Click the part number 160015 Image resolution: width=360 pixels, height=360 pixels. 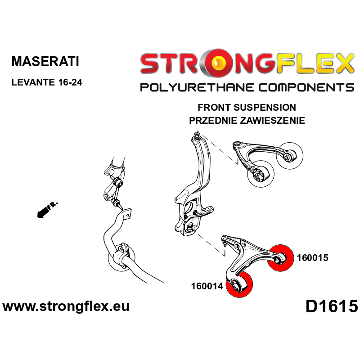313,258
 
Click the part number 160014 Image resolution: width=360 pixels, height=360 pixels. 207,285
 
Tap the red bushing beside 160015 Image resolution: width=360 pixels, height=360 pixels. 280,257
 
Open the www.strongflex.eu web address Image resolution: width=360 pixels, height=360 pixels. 66,307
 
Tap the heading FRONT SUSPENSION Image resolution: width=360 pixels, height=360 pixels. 247,108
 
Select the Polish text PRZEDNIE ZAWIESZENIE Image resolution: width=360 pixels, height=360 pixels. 247,121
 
